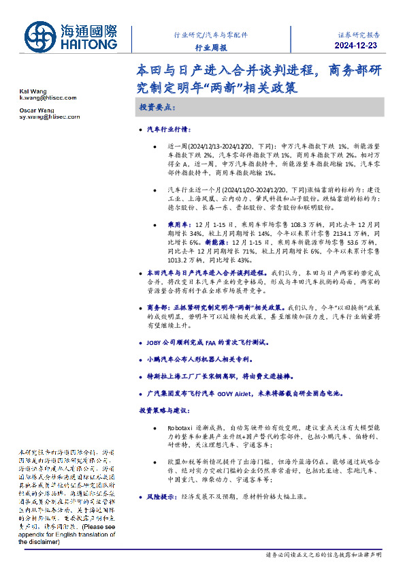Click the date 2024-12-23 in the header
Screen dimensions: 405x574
pyautogui.click(x=357, y=46)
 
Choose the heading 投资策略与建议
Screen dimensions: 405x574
pyautogui.click(x=167, y=411)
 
